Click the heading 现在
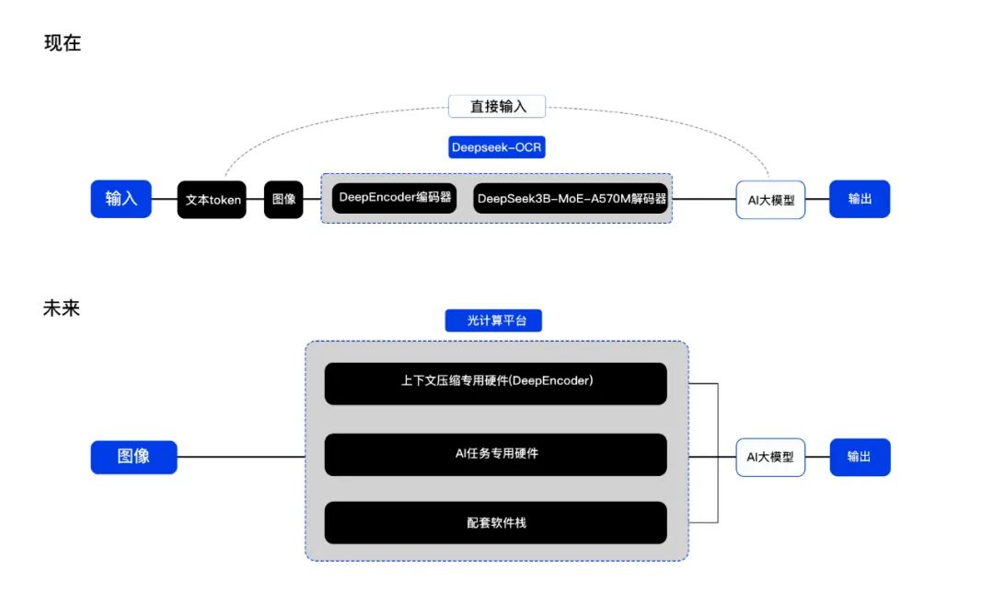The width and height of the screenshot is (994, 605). click(63, 43)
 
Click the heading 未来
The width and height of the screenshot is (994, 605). click(62, 308)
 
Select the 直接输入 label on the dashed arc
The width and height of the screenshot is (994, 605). click(498, 106)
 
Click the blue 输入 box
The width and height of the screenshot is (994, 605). click(121, 199)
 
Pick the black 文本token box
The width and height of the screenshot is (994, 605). click(212, 200)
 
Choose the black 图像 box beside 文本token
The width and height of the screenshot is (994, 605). click(283, 199)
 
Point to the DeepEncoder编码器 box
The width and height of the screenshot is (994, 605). click(395, 197)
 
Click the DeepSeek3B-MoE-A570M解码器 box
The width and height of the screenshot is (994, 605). click(571, 198)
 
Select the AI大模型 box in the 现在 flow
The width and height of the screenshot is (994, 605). click(770, 200)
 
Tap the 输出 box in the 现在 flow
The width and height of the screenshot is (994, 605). click(860, 199)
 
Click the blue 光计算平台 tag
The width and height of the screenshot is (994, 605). click(493, 320)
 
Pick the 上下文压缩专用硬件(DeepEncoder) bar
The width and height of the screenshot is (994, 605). click(495, 383)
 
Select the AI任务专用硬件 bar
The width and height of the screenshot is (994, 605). click(495, 454)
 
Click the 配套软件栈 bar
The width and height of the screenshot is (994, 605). click(495, 522)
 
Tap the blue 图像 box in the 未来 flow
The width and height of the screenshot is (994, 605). click(133, 457)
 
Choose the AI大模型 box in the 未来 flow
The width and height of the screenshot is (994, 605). click(770, 457)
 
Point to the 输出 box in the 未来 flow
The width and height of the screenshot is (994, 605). click(860, 457)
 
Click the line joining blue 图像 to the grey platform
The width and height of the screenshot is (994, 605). click(240, 457)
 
